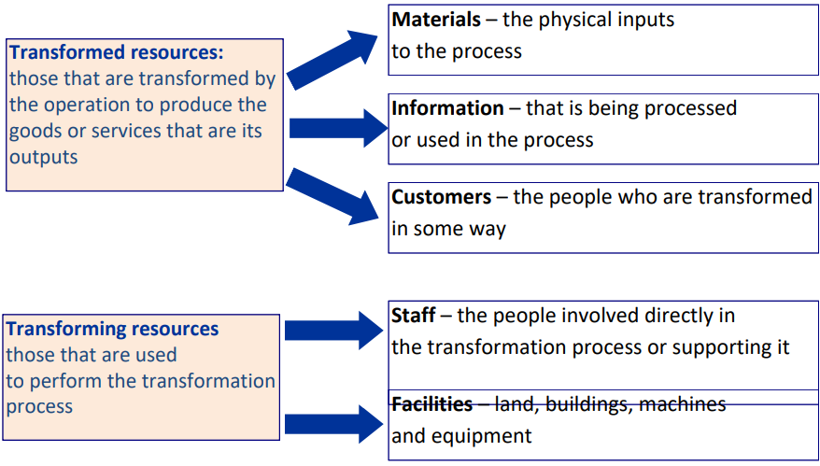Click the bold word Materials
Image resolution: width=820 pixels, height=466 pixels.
436,20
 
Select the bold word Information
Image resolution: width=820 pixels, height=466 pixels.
447,108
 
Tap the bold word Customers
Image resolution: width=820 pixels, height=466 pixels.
442,197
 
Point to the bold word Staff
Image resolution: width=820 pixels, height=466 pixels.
413,316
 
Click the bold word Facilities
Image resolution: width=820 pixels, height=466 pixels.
432,404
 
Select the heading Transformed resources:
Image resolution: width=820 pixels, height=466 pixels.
116,52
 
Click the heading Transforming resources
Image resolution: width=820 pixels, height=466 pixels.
112,329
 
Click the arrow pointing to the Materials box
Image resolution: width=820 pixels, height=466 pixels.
332,60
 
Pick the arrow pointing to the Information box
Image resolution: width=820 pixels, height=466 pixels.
338,128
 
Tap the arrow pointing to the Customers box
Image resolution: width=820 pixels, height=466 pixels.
332,197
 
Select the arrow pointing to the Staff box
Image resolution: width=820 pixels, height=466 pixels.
334,331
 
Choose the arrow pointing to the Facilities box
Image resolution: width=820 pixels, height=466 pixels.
334,424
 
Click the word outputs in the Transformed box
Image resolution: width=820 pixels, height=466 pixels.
43,158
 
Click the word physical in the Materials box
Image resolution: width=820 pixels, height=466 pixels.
574,21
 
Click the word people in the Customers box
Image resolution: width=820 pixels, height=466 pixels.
581,198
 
